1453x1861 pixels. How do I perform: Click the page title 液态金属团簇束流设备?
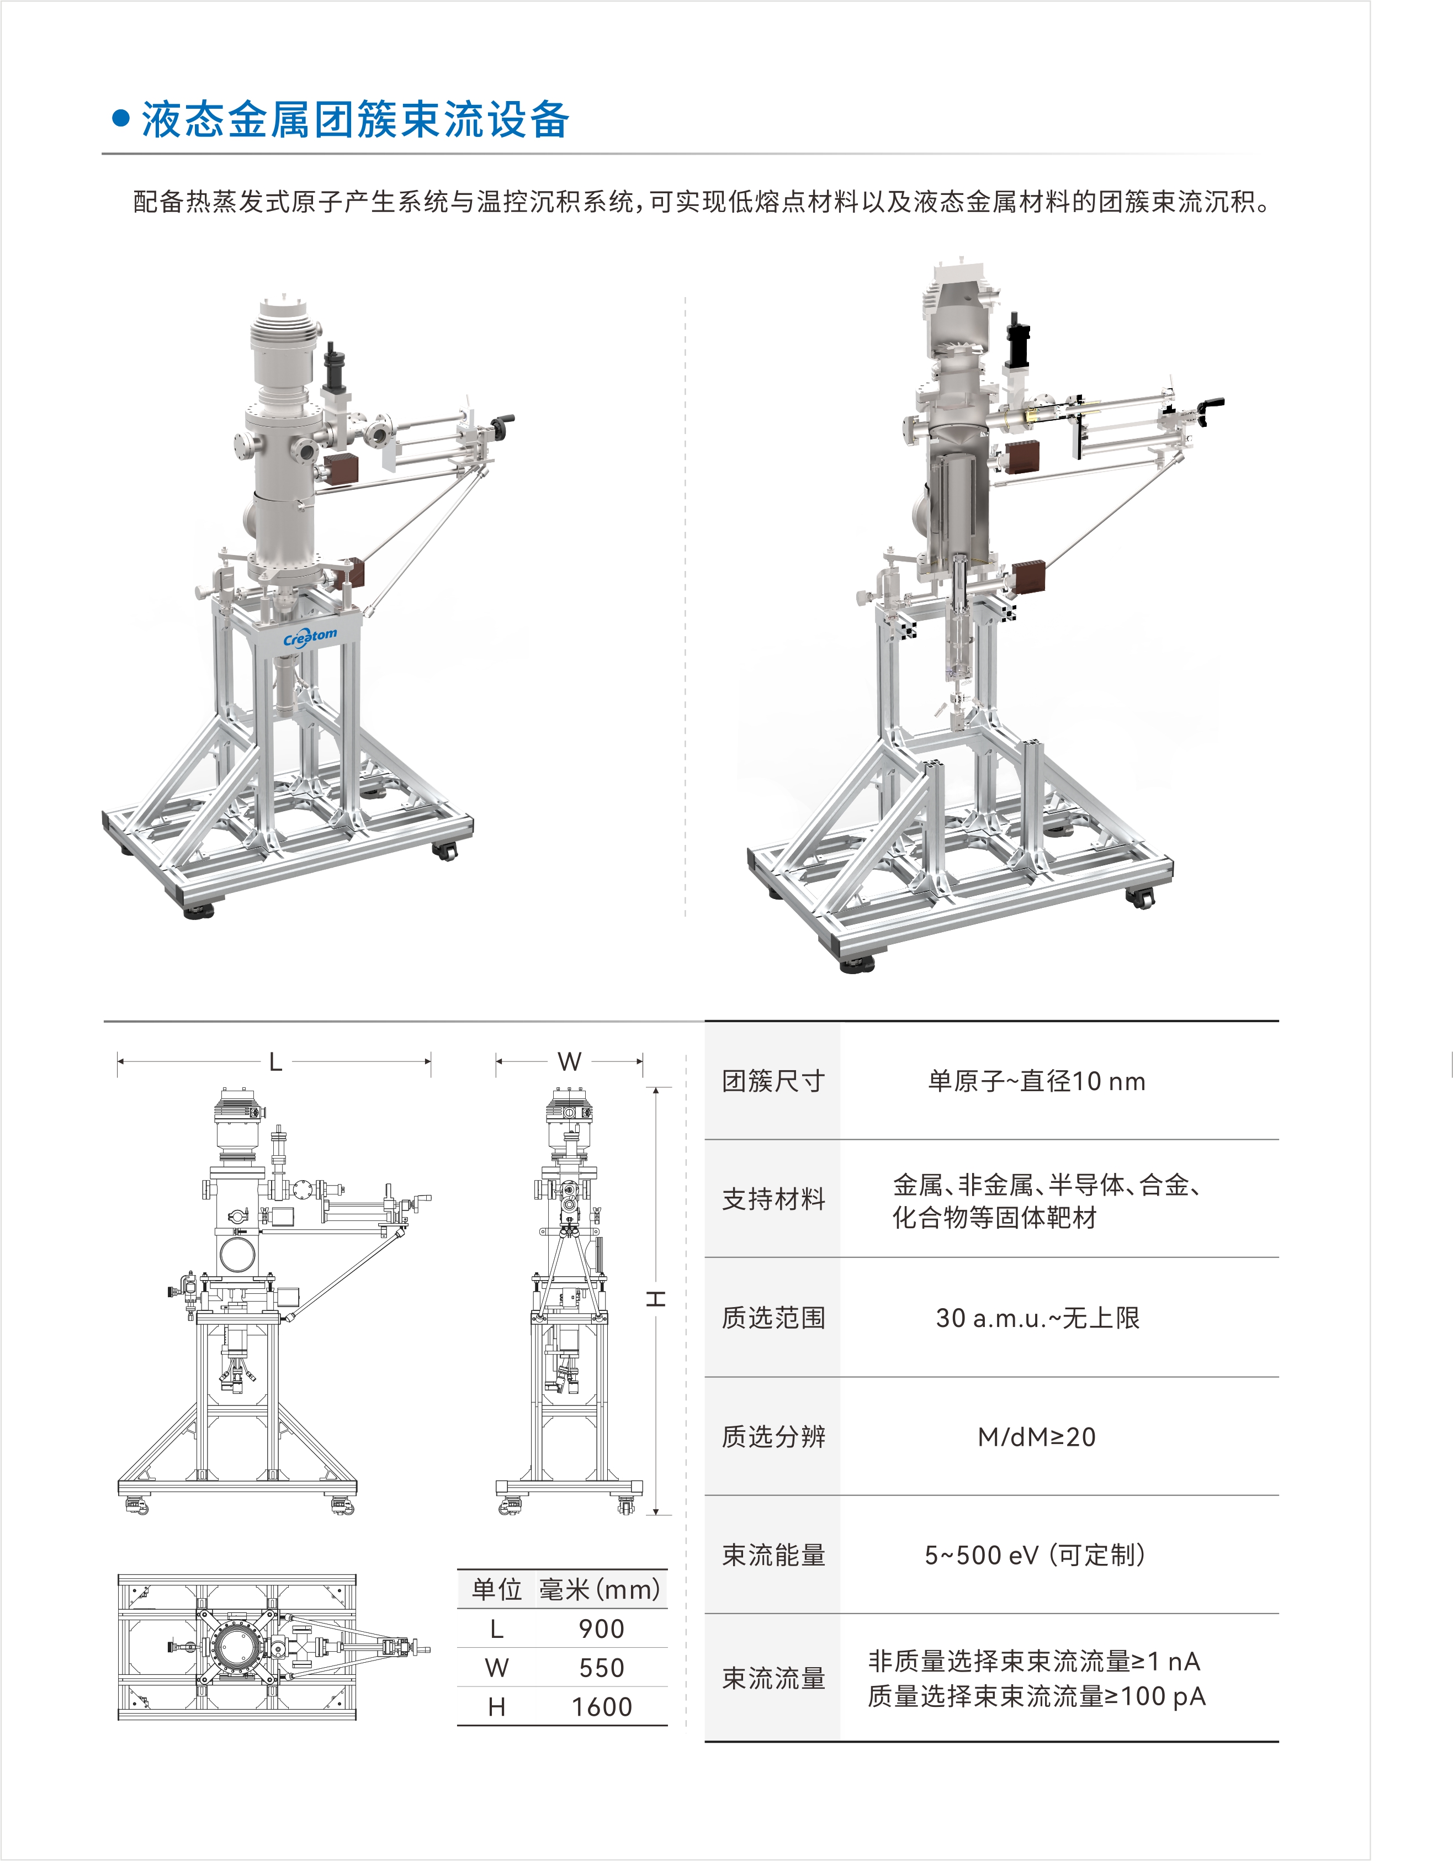pos(354,119)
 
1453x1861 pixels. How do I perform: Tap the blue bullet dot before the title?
pos(121,119)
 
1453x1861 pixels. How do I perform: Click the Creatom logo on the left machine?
pos(310,637)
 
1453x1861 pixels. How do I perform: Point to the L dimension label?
pos(275,1062)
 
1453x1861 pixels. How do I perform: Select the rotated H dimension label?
pos(655,1299)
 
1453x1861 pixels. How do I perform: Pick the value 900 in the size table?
pos(601,1629)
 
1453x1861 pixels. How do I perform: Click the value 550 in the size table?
pos(601,1668)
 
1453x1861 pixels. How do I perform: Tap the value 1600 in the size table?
pos(601,1707)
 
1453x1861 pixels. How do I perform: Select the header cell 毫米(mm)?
pos(600,1589)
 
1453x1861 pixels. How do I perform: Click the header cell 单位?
pos(496,1589)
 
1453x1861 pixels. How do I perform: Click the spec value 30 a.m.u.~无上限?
pos(1037,1318)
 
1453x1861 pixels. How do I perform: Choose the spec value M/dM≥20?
pos(1037,1437)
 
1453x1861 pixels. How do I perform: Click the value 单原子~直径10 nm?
pos(1037,1081)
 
